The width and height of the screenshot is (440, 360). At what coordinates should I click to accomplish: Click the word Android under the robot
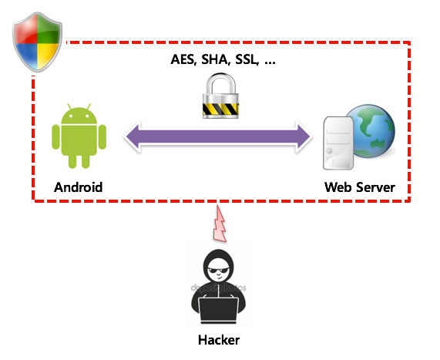coord(79,187)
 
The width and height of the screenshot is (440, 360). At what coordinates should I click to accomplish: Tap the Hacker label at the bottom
coord(219,340)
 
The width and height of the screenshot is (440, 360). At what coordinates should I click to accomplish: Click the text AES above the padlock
coord(183,59)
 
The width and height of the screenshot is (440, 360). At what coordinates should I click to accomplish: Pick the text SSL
coord(247,59)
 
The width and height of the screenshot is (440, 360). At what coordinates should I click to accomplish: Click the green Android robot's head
coord(79,115)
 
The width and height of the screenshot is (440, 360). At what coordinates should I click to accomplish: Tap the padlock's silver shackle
coord(221,84)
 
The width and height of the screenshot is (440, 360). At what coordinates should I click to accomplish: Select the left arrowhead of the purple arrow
coord(133,136)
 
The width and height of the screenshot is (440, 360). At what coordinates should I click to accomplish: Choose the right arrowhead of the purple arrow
coord(304,136)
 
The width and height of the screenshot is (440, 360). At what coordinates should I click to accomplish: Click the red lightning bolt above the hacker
coord(220,224)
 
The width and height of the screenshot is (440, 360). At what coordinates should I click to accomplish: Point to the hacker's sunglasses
coord(219,271)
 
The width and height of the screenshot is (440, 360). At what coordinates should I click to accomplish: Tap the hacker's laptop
coord(219,311)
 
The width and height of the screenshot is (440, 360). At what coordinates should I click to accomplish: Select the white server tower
coord(338,143)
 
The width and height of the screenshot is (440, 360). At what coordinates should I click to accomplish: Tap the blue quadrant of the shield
coord(28,55)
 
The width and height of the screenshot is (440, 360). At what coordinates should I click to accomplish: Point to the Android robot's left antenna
coord(69,106)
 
